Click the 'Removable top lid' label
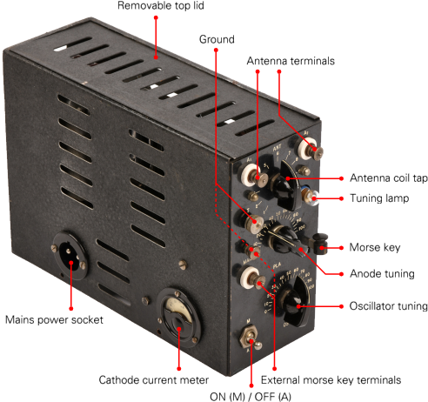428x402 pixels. [161, 5]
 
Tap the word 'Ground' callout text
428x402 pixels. [217, 39]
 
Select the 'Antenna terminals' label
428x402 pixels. [291, 61]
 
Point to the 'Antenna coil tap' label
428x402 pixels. [389, 178]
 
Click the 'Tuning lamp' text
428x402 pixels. [379, 198]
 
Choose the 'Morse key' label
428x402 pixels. [375, 247]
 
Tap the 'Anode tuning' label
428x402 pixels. [382, 274]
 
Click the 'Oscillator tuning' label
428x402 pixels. [388, 306]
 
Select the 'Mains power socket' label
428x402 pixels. [54, 319]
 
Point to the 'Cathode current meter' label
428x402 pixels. [153, 380]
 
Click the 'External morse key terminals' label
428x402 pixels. [331, 380]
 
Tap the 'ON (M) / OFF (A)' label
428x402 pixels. [251, 397]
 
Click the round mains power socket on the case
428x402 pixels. [70, 255]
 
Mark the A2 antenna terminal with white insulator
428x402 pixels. [310, 149]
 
